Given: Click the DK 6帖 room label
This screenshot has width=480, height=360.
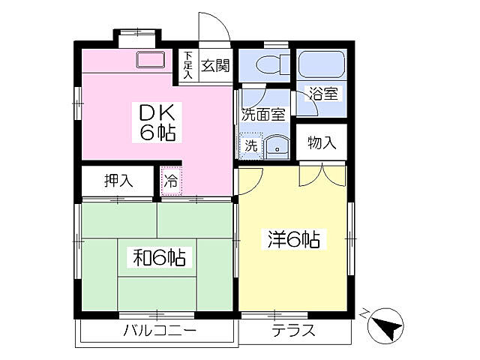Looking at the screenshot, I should coord(157,122).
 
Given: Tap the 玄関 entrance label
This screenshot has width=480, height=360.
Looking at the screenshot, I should coord(214,66).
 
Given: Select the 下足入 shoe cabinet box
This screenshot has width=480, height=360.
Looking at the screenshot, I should coord(188,66).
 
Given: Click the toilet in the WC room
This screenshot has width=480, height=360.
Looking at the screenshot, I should coord(267,64).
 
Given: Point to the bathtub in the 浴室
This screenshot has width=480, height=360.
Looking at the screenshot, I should coord(321,64).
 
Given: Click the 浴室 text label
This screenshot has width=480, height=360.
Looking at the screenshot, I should coord(324,94).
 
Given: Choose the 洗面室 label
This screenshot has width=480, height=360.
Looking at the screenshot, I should coord(262,115).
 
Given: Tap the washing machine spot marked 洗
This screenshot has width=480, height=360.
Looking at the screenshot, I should coord(249,145).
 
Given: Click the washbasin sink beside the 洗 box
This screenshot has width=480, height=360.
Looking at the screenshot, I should coord(276,146).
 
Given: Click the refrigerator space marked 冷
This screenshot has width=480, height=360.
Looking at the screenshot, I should coord(171,181).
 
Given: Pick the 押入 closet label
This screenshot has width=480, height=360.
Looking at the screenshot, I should coord(118,181).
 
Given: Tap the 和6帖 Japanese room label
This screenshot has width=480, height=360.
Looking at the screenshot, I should coord(160,257).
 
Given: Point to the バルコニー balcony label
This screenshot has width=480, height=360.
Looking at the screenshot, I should coord(159,331).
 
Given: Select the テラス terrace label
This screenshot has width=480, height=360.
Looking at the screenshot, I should coord(293,331).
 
